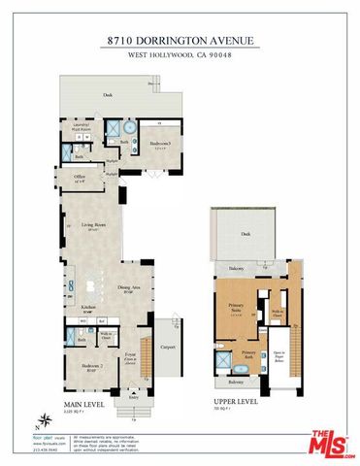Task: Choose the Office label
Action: (x=80, y=177)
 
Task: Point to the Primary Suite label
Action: (x=236, y=307)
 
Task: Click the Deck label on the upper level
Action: (x=246, y=234)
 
